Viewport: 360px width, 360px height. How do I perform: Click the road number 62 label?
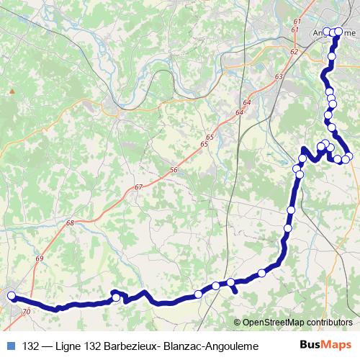coord(293,52)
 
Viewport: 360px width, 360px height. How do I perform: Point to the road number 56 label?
coord(174,169)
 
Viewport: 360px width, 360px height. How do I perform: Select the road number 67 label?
coord(138,187)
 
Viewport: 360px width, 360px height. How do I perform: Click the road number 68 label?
coord(70,223)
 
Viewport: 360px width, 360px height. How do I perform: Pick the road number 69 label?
coord(39,258)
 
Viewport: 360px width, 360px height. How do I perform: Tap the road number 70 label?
coord(27,312)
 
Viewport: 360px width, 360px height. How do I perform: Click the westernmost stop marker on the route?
coord(12,295)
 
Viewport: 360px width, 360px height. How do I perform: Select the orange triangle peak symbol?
coord(12,92)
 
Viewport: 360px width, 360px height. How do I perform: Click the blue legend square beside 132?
coord(9,346)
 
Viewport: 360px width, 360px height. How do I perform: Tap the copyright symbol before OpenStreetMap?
coord(238,323)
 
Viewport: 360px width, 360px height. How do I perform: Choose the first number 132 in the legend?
coord(31,346)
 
